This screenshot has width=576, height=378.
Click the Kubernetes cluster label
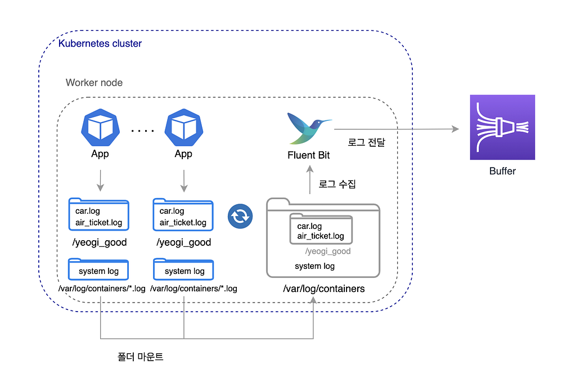click(100, 43)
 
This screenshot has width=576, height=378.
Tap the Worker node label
click(94, 83)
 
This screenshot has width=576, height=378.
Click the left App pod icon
click(100, 128)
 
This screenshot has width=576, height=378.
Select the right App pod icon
click(184, 128)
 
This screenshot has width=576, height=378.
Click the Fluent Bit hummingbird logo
click(309, 128)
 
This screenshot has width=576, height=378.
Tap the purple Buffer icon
click(502, 127)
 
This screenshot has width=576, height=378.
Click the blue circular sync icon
click(240, 217)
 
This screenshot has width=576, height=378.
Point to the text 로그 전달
click(366, 142)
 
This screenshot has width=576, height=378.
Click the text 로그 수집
click(337, 184)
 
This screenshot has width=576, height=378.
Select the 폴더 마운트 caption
click(140, 357)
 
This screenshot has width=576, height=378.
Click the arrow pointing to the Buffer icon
click(397, 129)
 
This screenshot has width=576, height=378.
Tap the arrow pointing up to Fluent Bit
click(310, 179)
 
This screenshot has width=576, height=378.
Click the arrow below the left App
click(100, 181)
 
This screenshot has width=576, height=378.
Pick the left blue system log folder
click(98, 269)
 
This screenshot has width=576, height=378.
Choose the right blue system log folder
click(183, 269)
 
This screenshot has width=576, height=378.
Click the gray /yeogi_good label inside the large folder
click(328, 251)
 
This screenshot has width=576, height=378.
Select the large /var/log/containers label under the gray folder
click(323, 289)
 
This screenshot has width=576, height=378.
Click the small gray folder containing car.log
click(321, 229)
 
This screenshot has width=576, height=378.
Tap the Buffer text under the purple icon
click(502, 171)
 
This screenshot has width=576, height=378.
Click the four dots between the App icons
click(142, 130)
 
